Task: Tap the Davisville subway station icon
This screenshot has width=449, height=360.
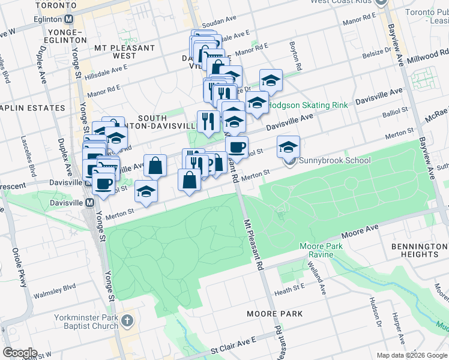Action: pos(89,203)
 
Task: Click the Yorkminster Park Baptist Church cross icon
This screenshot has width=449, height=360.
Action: pos(127,321)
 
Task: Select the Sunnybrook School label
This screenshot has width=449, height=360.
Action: pos(333,161)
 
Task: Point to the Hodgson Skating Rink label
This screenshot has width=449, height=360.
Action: pos(307,105)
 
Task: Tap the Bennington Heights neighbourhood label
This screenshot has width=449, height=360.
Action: pos(419,250)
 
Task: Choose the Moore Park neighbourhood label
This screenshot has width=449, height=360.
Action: pos(274,314)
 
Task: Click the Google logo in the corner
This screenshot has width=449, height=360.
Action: pos(19,353)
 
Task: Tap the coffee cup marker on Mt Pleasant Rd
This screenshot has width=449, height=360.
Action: pos(237,146)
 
